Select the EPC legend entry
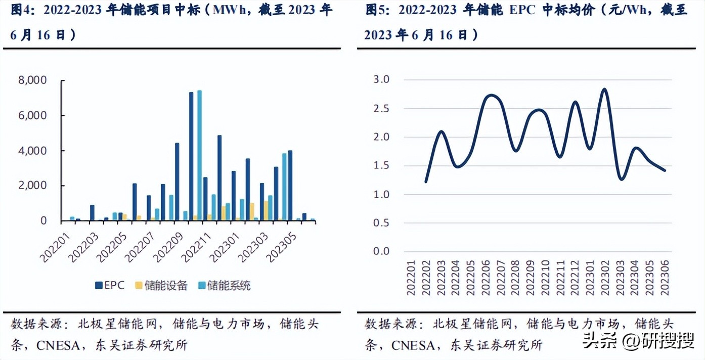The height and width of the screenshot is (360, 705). pos(110,286)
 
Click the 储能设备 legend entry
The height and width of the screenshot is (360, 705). pos(161,286)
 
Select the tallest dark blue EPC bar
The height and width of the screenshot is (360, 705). pos(191,156)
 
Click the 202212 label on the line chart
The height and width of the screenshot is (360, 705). pos(576,278)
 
